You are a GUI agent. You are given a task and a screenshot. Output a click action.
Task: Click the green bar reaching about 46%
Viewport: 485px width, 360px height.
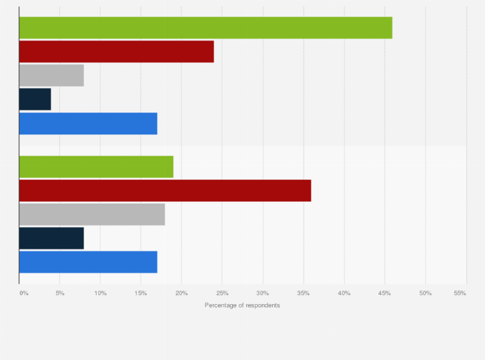[205, 28]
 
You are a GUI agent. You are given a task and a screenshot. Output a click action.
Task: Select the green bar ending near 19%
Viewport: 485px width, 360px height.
[96, 167]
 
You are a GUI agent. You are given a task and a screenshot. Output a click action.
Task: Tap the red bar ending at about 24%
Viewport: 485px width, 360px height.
[116, 52]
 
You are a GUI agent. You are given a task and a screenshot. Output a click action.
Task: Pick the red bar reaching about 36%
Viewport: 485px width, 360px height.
[165, 191]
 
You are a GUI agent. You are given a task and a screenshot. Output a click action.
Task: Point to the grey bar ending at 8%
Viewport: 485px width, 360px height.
[51, 76]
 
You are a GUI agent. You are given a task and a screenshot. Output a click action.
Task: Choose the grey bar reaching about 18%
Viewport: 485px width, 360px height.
[92, 214]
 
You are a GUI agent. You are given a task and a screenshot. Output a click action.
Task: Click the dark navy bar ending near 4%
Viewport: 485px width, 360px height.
[35, 100]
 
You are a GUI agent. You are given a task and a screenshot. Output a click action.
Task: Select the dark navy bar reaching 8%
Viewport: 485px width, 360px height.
[51, 238]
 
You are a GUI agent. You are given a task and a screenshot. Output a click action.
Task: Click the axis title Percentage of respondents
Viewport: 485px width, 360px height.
[243, 305]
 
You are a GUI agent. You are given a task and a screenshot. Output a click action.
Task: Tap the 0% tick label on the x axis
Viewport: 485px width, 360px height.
[24, 293]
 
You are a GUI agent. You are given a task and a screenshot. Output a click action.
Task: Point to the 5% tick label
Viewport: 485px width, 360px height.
[60, 293]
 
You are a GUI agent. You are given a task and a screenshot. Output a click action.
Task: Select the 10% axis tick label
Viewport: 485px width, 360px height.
[100, 293]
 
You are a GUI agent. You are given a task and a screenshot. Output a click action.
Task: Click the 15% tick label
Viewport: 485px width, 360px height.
[141, 293]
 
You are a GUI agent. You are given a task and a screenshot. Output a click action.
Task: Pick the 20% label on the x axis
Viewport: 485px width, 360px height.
[181, 293]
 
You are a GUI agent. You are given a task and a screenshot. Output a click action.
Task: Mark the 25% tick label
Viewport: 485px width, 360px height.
[222, 293]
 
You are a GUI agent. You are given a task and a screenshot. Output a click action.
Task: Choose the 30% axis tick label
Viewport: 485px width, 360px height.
[262, 293]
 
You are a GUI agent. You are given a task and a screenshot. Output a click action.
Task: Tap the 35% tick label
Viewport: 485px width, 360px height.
[304, 293]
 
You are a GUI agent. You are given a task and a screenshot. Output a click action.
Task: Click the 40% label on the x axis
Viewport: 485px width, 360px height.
[344, 293]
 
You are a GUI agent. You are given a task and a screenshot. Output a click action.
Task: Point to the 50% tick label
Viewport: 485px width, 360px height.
[425, 293]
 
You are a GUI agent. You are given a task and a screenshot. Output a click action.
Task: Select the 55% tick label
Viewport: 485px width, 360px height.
[460, 293]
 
